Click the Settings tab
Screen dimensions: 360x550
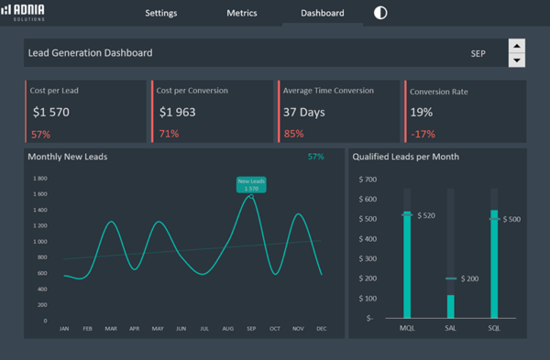[x=160, y=14]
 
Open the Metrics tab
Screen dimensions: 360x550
[x=241, y=14]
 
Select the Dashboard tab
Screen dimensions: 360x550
[x=323, y=14]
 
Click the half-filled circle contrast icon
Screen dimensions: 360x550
[x=380, y=13]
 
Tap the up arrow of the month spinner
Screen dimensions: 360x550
[x=516, y=46]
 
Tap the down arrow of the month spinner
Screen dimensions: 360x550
[x=516, y=60]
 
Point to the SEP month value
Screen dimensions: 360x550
[x=478, y=54]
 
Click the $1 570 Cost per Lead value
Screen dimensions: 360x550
[x=50, y=113]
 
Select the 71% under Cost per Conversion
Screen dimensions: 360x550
[x=169, y=134]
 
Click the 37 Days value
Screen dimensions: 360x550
[x=304, y=113]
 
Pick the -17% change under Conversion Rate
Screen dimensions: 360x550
[x=422, y=134]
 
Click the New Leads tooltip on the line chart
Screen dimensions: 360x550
[x=251, y=184]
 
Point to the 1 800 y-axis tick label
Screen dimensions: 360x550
[x=39, y=179]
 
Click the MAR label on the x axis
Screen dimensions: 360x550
[x=111, y=328]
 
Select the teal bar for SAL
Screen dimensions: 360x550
[x=450, y=306]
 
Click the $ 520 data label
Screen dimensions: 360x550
[x=425, y=215]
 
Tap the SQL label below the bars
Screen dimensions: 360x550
[x=494, y=328]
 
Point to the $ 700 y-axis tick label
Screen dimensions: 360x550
[x=368, y=179]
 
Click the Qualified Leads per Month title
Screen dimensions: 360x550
[x=405, y=157]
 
